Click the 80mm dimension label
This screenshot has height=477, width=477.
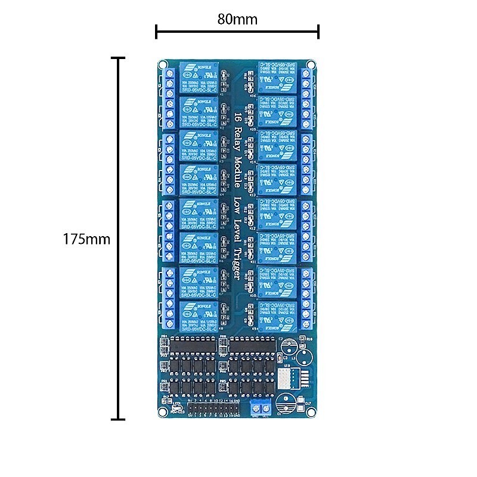[237, 19]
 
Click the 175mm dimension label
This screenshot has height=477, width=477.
[87, 239]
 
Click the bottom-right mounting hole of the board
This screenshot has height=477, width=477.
[311, 413]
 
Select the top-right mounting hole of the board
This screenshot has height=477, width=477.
[311, 64]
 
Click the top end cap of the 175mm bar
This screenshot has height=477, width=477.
[118, 58]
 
